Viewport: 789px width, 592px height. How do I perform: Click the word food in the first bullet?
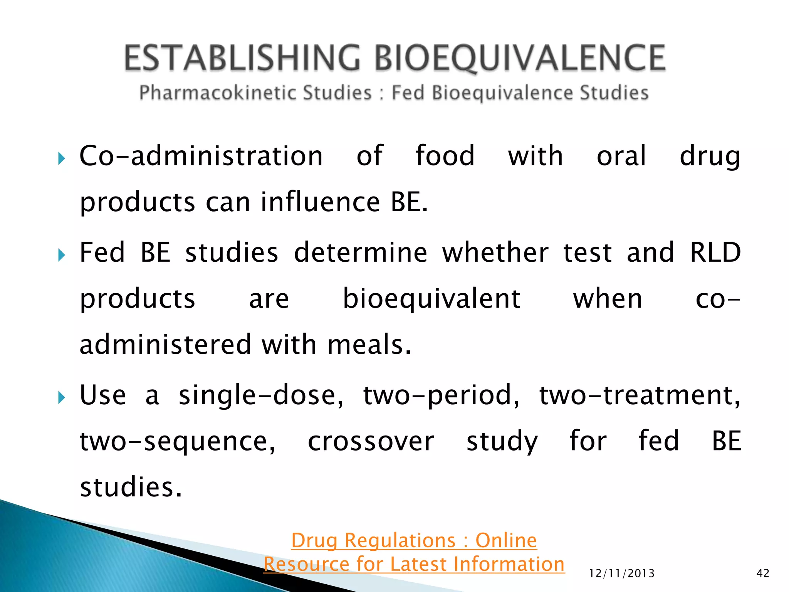[445, 156]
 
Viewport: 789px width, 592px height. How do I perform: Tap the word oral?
[621, 156]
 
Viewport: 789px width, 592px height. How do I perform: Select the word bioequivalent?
[431, 299]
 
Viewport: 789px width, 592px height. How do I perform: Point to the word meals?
[369, 345]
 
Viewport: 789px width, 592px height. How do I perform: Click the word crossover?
[371, 441]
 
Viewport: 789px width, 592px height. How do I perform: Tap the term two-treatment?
[640, 395]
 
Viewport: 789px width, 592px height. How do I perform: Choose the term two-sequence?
[177, 442]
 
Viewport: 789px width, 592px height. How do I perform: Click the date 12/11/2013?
[622, 573]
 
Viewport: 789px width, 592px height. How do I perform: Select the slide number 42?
[763, 573]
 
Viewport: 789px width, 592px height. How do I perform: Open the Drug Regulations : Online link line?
[414, 540]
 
